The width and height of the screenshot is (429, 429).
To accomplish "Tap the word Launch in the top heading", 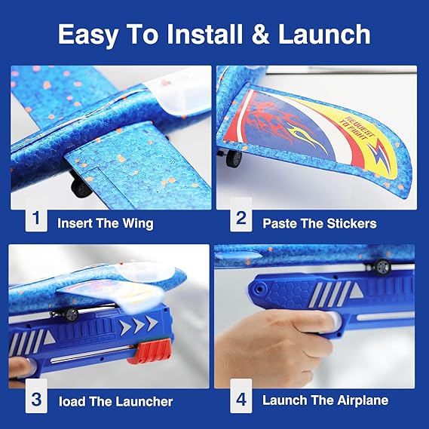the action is pos(324,34).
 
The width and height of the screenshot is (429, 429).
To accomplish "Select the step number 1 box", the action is pos(36,219).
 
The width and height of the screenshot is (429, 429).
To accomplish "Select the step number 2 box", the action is pos(241,219).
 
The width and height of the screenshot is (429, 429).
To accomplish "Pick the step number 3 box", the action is pos(36,400).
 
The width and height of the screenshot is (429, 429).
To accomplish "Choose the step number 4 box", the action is pos(241,400).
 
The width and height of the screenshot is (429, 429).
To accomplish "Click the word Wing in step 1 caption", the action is pos(138,224).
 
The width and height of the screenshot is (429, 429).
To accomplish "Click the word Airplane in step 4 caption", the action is pos(363,400).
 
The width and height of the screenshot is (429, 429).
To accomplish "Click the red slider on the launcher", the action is pos(149,351).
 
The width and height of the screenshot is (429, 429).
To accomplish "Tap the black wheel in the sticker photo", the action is pos(234,158).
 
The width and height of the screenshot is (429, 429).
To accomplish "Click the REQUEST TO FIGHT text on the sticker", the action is pos(357,128).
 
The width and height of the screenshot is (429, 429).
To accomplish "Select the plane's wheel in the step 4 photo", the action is pos(382,267).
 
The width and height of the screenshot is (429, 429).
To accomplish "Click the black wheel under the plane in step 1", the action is pos(81,188).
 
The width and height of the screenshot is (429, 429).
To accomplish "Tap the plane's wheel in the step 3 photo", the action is pos(72,314).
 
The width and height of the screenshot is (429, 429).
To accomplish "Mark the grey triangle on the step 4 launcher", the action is pos(356,290).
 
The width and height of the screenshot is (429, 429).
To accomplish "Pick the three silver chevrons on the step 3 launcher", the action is pos(139,324).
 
